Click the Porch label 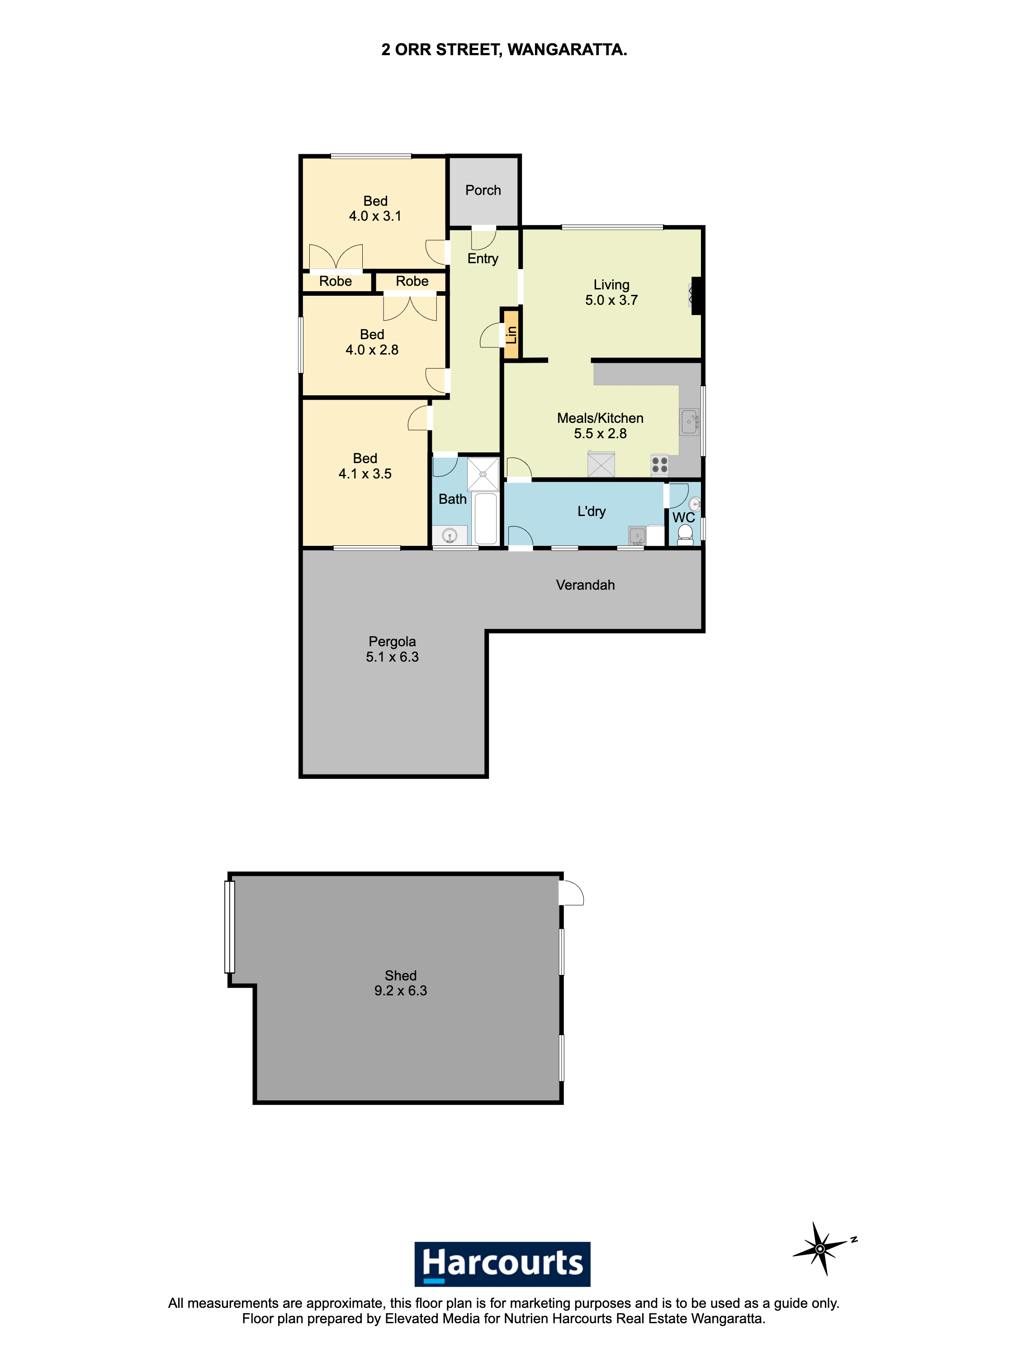[x=483, y=190]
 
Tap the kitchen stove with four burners [x=660, y=465]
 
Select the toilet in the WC [x=685, y=535]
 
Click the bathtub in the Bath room [x=486, y=518]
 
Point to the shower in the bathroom [x=483, y=474]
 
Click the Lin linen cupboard [x=511, y=334]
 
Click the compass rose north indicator [x=822, y=1248]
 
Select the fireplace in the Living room [x=696, y=296]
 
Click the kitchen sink [x=690, y=422]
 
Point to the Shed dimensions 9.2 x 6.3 [x=400, y=990]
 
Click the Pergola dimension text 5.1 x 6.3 [x=393, y=657]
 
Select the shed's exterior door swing [x=572, y=893]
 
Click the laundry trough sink [x=637, y=536]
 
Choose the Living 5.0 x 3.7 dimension [x=611, y=300]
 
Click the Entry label [x=483, y=259]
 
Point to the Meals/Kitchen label [x=600, y=418]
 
